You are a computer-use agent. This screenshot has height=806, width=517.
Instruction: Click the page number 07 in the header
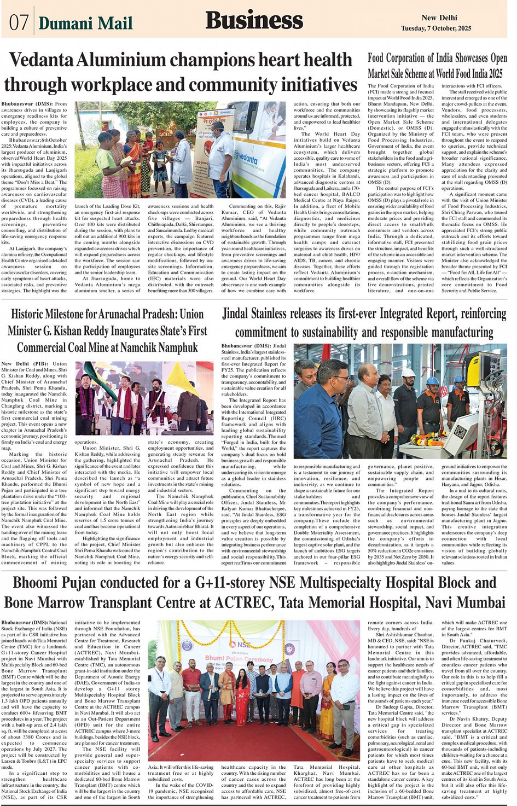click(x=19, y=22)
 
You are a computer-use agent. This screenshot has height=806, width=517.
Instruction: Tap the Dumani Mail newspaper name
click(x=85, y=23)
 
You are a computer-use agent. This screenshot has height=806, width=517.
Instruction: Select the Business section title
click(x=254, y=21)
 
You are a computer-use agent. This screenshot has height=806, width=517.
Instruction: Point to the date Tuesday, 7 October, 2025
click(x=435, y=28)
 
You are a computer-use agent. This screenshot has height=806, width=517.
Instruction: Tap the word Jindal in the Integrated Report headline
click(x=239, y=314)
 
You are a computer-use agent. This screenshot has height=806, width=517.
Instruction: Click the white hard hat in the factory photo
click(x=408, y=373)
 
